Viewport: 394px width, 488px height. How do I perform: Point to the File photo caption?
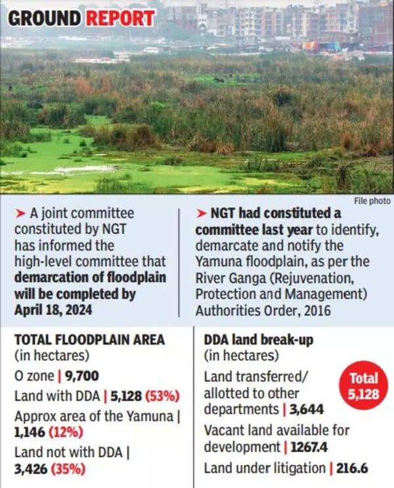[372, 201]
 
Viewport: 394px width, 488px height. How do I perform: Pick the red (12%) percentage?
[63, 433]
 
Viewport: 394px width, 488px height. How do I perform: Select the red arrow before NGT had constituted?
[201, 213]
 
